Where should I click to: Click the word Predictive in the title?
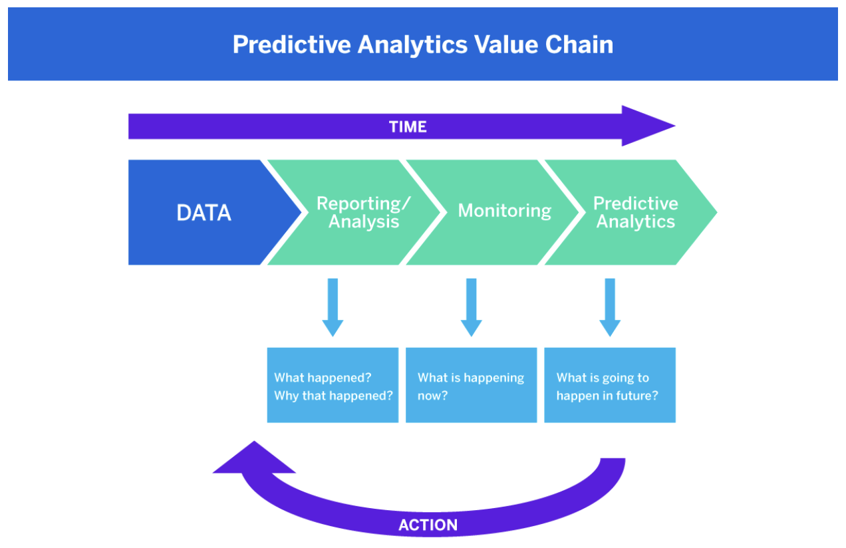click(x=291, y=45)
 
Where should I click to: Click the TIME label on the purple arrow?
click(x=407, y=126)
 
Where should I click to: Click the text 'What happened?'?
click(x=323, y=378)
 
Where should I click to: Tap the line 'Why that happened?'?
click(x=333, y=395)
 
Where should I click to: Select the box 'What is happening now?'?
click(x=471, y=385)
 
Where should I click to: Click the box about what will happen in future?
click(x=610, y=385)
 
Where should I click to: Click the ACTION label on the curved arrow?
click(x=428, y=525)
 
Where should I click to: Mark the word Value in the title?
click(x=507, y=45)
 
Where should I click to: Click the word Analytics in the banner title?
click(x=412, y=45)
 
